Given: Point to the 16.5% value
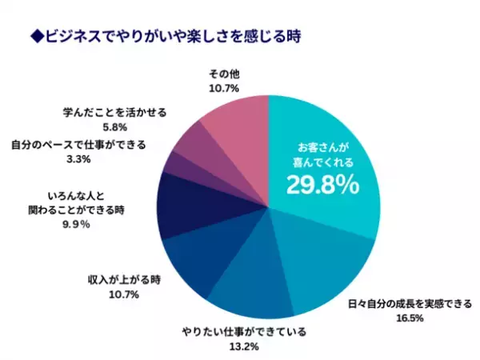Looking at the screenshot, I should tap(408, 318).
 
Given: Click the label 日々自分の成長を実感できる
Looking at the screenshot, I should tap(409, 304).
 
